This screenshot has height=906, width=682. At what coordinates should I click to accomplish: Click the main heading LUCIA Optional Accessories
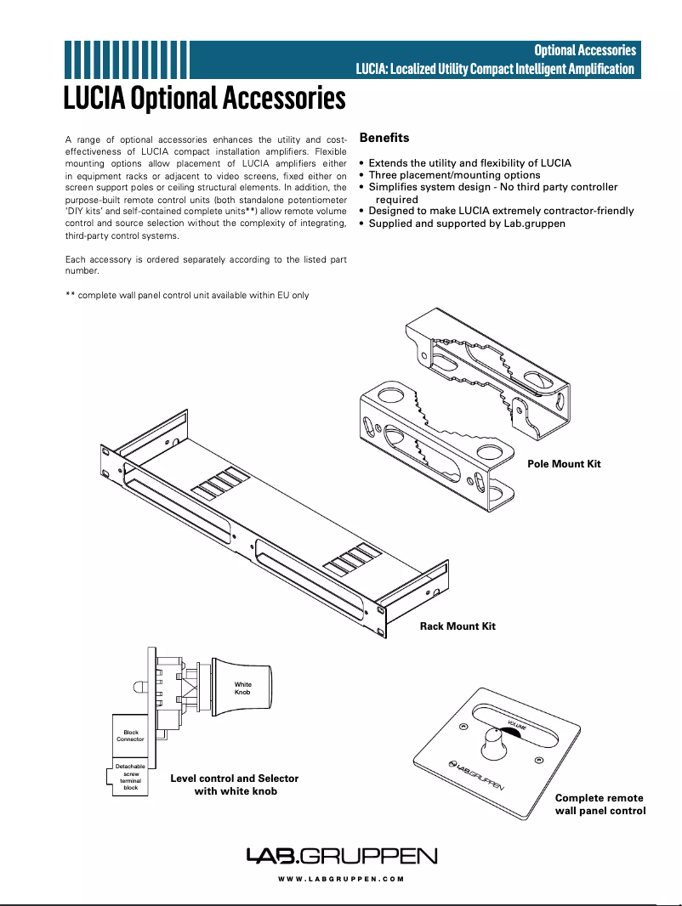[205, 98]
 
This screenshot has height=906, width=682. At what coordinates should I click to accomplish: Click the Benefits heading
[384, 138]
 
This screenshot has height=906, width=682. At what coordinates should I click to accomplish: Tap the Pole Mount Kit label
[564, 464]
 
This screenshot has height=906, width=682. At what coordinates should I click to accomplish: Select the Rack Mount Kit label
[458, 626]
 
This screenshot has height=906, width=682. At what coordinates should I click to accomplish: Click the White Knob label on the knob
[242, 688]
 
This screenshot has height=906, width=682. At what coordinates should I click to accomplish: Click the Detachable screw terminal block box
[130, 778]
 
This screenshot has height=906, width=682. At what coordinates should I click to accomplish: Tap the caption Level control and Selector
[235, 779]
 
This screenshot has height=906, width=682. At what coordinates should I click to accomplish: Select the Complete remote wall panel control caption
[600, 804]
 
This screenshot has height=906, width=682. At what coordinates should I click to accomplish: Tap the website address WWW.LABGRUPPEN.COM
[341, 880]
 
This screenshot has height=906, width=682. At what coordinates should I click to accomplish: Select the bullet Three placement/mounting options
[454, 175]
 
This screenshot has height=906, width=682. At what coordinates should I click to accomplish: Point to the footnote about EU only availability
[187, 296]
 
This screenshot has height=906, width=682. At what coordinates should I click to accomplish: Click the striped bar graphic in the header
[126, 59]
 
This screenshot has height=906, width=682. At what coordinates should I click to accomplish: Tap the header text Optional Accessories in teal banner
[584, 50]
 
